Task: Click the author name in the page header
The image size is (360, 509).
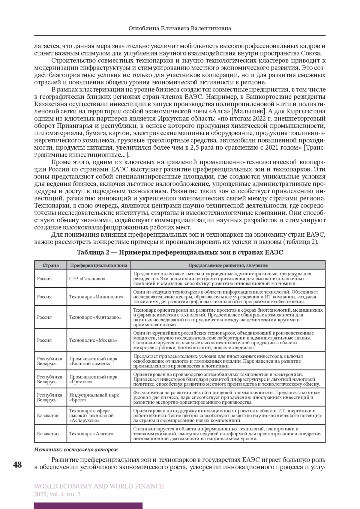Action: (x=180, y=28)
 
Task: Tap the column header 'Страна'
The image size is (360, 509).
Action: (x=50, y=265)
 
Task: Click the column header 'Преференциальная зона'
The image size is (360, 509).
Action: (x=99, y=265)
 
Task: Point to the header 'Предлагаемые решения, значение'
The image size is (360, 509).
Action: (x=228, y=265)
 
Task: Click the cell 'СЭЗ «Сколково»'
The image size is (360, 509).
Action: (x=87, y=278)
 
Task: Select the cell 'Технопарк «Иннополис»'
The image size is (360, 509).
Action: (x=96, y=296)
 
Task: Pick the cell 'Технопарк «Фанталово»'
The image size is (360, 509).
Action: (x=95, y=317)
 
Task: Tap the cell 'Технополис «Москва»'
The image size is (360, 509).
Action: (x=93, y=340)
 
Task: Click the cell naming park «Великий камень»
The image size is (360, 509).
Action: (x=93, y=361)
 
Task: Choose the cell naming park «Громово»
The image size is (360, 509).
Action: (x=93, y=379)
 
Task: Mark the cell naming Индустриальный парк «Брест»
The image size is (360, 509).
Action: (x=94, y=397)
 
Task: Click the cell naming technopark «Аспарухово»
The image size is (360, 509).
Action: (x=91, y=415)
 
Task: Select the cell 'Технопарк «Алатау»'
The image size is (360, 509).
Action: (x=91, y=433)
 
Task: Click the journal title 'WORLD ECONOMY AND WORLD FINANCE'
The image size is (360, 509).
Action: (x=99, y=486)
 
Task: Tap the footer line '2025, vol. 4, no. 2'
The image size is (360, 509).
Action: (x=57, y=494)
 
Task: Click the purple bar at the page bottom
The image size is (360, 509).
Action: (x=88, y=506)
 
